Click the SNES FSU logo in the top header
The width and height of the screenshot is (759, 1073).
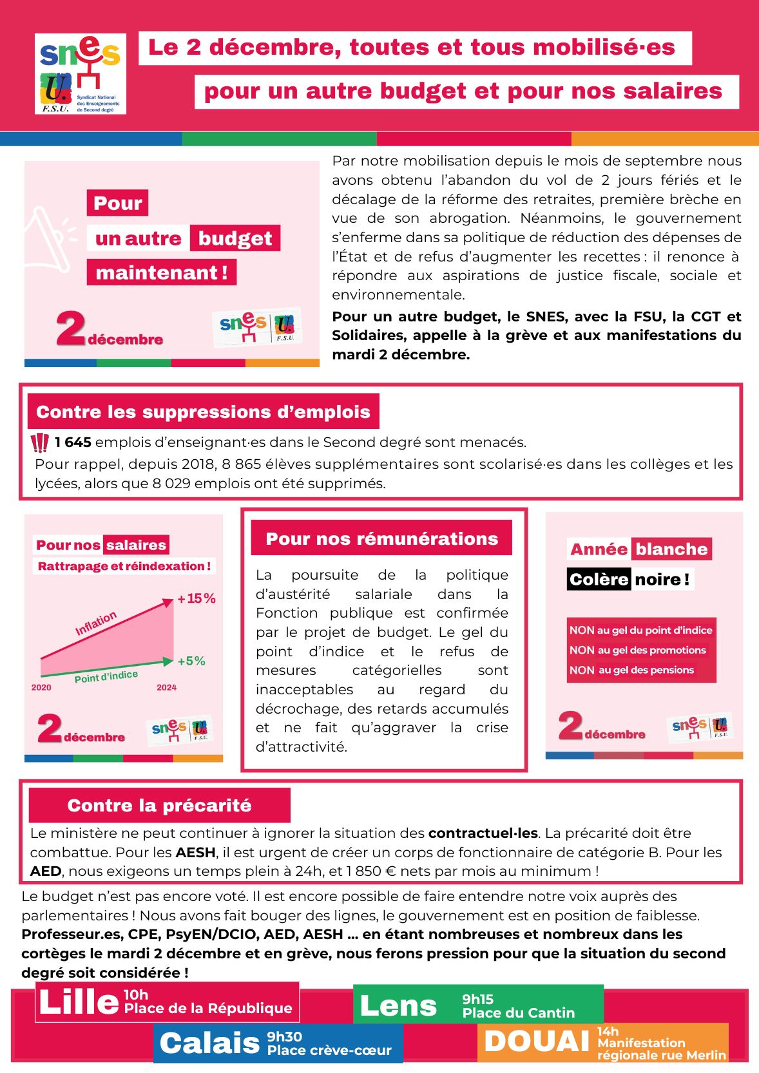click(x=81, y=74)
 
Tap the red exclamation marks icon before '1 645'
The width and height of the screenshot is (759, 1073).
click(x=40, y=443)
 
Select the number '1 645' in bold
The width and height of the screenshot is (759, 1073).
click(x=73, y=442)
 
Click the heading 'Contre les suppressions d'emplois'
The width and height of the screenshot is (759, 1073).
click(x=203, y=412)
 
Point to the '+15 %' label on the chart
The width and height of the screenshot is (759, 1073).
click(x=197, y=599)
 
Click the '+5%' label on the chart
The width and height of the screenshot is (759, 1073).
click(x=191, y=661)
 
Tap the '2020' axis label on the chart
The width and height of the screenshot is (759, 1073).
click(x=41, y=688)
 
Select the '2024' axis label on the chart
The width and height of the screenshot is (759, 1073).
click(x=166, y=688)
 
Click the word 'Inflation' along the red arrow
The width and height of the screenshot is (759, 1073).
click(x=96, y=623)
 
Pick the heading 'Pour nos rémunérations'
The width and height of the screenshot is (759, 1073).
click(x=381, y=539)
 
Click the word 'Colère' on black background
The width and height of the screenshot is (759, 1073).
click(x=599, y=580)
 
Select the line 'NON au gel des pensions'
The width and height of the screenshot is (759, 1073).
click(x=631, y=670)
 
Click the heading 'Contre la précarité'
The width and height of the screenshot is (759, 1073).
click(x=159, y=806)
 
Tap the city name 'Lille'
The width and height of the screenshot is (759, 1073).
click(x=79, y=1003)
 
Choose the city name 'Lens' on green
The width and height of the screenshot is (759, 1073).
click(x=398, y=1006)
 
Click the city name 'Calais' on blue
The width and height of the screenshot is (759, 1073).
click(x=209, y=1043)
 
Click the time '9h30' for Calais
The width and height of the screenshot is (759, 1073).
click(x=285, y=1036)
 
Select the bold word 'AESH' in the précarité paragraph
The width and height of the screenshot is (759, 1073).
click(x=196, y=853)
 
